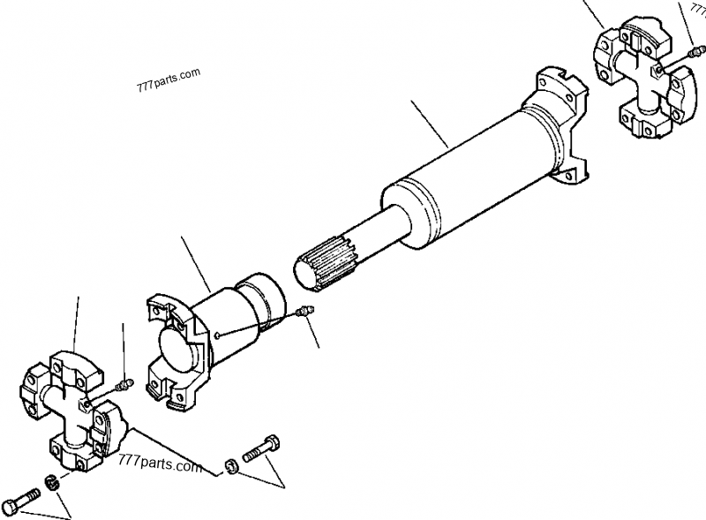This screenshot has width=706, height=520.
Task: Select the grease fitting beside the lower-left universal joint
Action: (124, 384)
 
